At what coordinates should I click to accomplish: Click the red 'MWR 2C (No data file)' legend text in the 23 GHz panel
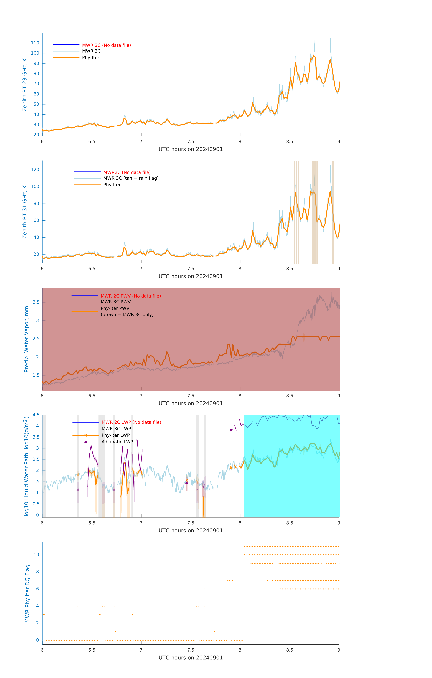pyautogui.click(x=106, y=45)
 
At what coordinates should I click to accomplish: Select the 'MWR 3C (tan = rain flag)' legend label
pyautogui.click(x=131, y=178)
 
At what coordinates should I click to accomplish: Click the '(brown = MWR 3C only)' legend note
pyautogui.click(x=127, y=314)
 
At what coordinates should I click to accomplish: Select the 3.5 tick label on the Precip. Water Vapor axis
pyautogui.click(x=36, y=302)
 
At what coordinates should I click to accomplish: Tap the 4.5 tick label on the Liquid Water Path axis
pyautogui.click(x=36, y=415)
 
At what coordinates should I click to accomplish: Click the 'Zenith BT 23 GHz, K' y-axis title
pyautogui.click(x=25, y=85)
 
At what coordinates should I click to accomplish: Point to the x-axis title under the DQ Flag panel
pyautogui.click(x=191, y=658)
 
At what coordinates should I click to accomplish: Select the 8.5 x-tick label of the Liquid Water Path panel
pyautogui.click(x=290, y=523)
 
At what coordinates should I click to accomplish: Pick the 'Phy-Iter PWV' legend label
pyautogui.click(x=115, y=308)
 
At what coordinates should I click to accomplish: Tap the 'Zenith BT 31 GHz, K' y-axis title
pyautogui.click(x=25, y=212)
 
